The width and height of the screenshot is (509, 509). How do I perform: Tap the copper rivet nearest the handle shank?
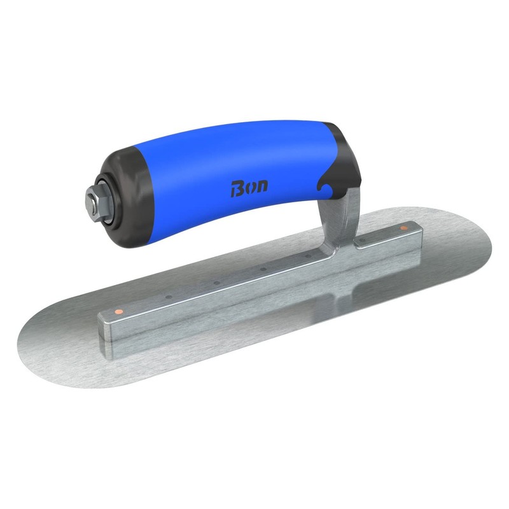[x=403, y=227]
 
